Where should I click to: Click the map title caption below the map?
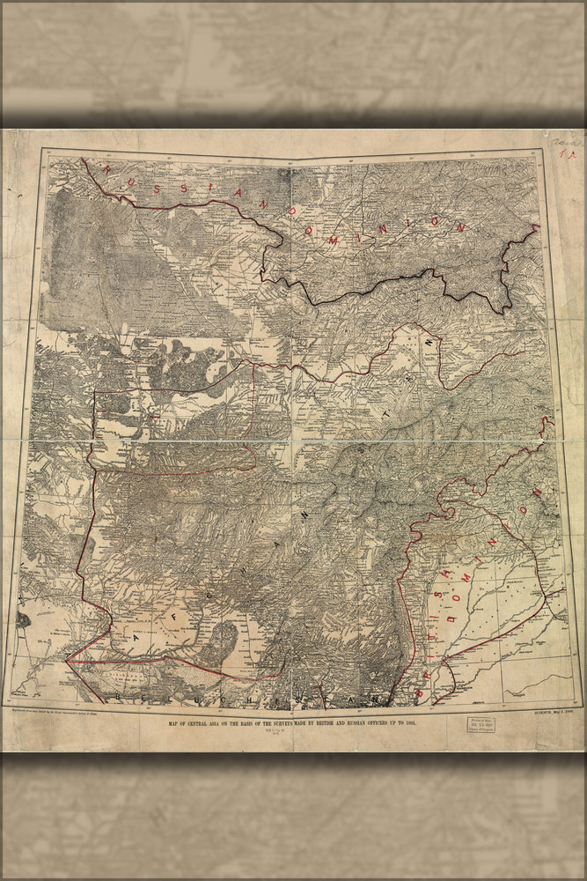pos(291,722)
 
